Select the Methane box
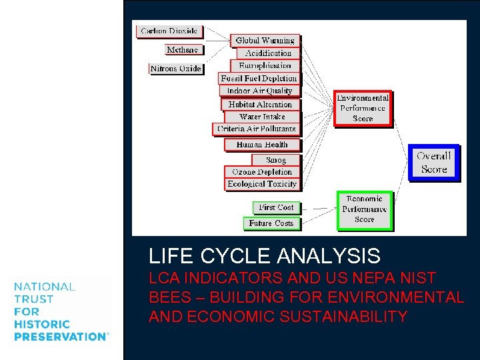click(x=183, y=50)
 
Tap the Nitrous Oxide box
click(x=176, y=69)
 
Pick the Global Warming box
click(x=265, y=41)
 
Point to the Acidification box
click(x=268, y=53)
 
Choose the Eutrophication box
click(x=265, y=66)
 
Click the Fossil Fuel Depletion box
click(x=259, y=79)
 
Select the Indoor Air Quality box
click(x=260, y=91)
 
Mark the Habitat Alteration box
click(x=260, y=105)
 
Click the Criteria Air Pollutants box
click(x=256, y=129)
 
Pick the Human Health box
click(x=262, y=145)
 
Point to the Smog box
click(x=276, y=160)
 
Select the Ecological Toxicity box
click(x=262, y=184)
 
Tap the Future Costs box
click(x=271, y=223)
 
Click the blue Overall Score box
click(x=434, y=163)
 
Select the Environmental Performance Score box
click(x=362, y=108)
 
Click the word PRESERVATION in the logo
click(x=60, y=337)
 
